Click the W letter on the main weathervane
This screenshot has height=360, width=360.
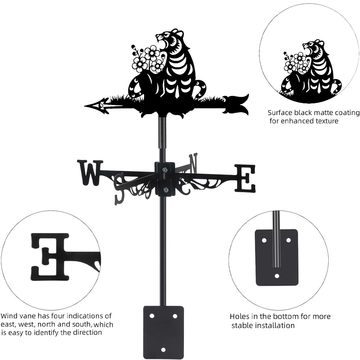[x=89, y=172]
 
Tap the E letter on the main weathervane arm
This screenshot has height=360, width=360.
[x=245, y=178]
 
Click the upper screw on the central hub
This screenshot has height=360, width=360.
[x=165, y=170]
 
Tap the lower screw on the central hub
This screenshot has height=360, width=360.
[x=165, y=190]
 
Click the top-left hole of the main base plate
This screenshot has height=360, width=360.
[x=152, y=316]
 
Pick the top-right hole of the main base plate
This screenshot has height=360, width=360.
[x=175, y=316]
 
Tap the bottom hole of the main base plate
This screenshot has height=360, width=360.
[x=163, y=349]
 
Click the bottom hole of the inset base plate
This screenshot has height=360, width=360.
[x=276, y=276]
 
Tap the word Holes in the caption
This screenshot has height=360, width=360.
[x=239, y=317]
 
